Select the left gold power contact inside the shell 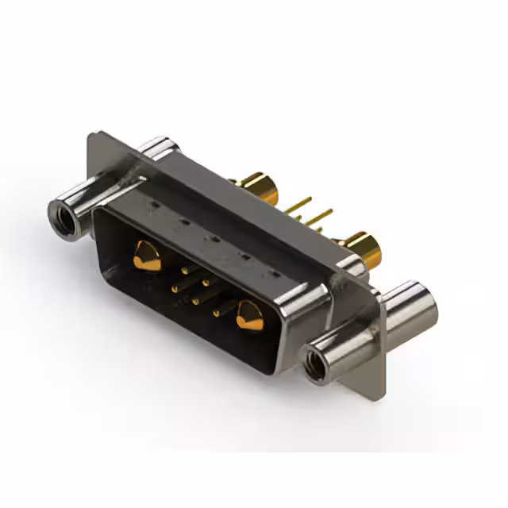tap(146, 256)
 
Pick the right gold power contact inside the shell tap(248, 316)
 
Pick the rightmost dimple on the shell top tap(274, 274)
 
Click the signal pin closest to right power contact tap(216, 313)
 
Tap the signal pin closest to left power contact tap(184, 271)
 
